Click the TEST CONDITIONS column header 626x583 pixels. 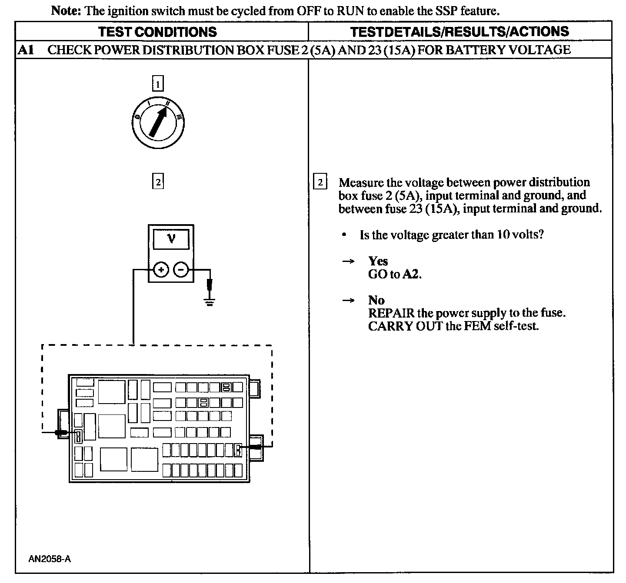click(157, 32)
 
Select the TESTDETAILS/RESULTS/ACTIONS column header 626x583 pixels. click(460, 31)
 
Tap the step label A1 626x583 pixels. click(26, 50)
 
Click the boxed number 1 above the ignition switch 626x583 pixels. click(158, 83)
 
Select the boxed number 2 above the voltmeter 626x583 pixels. click(158, 181)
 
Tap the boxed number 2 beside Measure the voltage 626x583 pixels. click(320, 182)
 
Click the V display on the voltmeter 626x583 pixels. click(171, 239)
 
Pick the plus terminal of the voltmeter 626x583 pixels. click(160, 270)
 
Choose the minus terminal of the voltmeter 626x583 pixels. click(181, 270)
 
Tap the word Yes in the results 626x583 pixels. click(378, 261)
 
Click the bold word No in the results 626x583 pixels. click(376, 300)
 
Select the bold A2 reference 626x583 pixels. click(412, 274)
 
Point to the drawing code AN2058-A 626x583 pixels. click(50, 559)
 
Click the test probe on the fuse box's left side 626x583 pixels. click(61, 433)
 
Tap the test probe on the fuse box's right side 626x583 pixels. click(254, 447)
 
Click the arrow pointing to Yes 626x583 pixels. click(348, 261)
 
